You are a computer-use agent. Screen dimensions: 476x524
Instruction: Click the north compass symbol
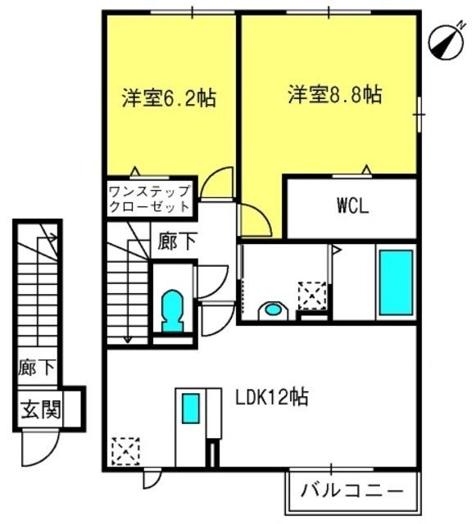pyautogui.click(x=447, y=43)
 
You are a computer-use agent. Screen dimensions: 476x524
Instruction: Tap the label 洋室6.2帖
pyautogui.click(x=169, y=97)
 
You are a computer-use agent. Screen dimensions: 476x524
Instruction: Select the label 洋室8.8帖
pyautogui.click(x=335, y=95)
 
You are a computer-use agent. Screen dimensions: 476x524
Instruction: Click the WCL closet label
pyautogui.click(x=353, y=206)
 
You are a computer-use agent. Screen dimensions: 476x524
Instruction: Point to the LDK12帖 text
pyautogui.click(x=272, y=397)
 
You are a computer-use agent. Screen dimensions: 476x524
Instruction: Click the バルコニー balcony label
pyautogui.click(x=352, y=491)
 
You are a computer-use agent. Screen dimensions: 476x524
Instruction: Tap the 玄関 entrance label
pyautogui.click(x=41, y=409)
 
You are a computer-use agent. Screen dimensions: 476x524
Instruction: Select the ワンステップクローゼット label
pyautogui.click(x=150, y=199)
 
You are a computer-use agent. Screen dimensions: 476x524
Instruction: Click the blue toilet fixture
pyautogui.click(x=172, y=311)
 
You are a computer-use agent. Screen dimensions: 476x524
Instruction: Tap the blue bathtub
pyautogui.click(x=396, y=282)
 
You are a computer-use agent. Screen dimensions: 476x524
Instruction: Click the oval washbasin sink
pyautogui.click(x=274, y=309)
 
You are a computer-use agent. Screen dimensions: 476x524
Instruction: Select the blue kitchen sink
pyautogui.click(x=191, y=409)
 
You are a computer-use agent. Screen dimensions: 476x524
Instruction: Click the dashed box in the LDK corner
pyautogui.click(x=125, y=451)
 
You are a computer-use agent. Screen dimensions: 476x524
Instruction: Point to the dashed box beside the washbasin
pyautogui.click(x=312, y=296)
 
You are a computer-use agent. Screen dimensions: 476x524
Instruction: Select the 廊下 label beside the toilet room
pyautogui.click(x=177, y=242)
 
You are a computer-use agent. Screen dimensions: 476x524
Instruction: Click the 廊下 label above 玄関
pyautogui.click(x=37, y=368)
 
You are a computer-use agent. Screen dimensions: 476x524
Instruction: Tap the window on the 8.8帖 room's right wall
pyautogui.click(x=419, y=115)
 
